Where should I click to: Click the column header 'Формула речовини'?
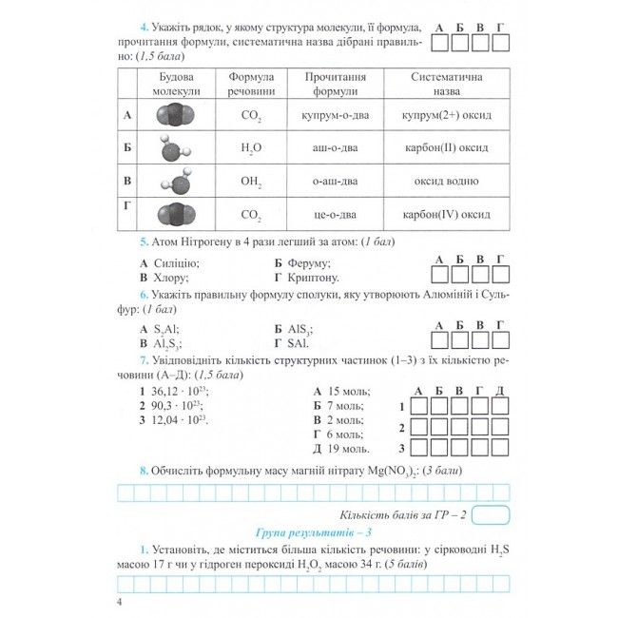click(251, 85)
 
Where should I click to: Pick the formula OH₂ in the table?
click(251, 181)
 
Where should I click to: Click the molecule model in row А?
click(173, 115)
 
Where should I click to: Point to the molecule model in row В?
click(173, 180)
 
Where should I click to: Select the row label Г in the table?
click(127, 205)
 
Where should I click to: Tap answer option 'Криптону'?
click(312, 278)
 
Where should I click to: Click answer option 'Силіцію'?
click(174, 262)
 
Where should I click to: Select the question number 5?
click(144, 241)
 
